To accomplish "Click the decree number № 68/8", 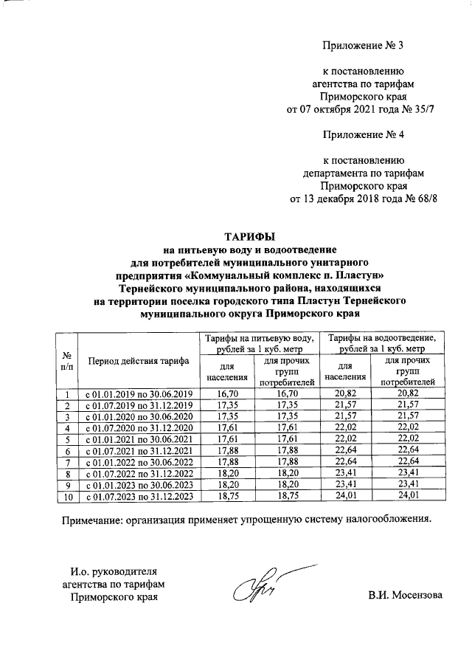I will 410,199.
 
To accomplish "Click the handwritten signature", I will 255,587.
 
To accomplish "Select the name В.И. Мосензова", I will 405,595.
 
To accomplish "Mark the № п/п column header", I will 66,360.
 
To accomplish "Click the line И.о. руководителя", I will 114,571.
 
